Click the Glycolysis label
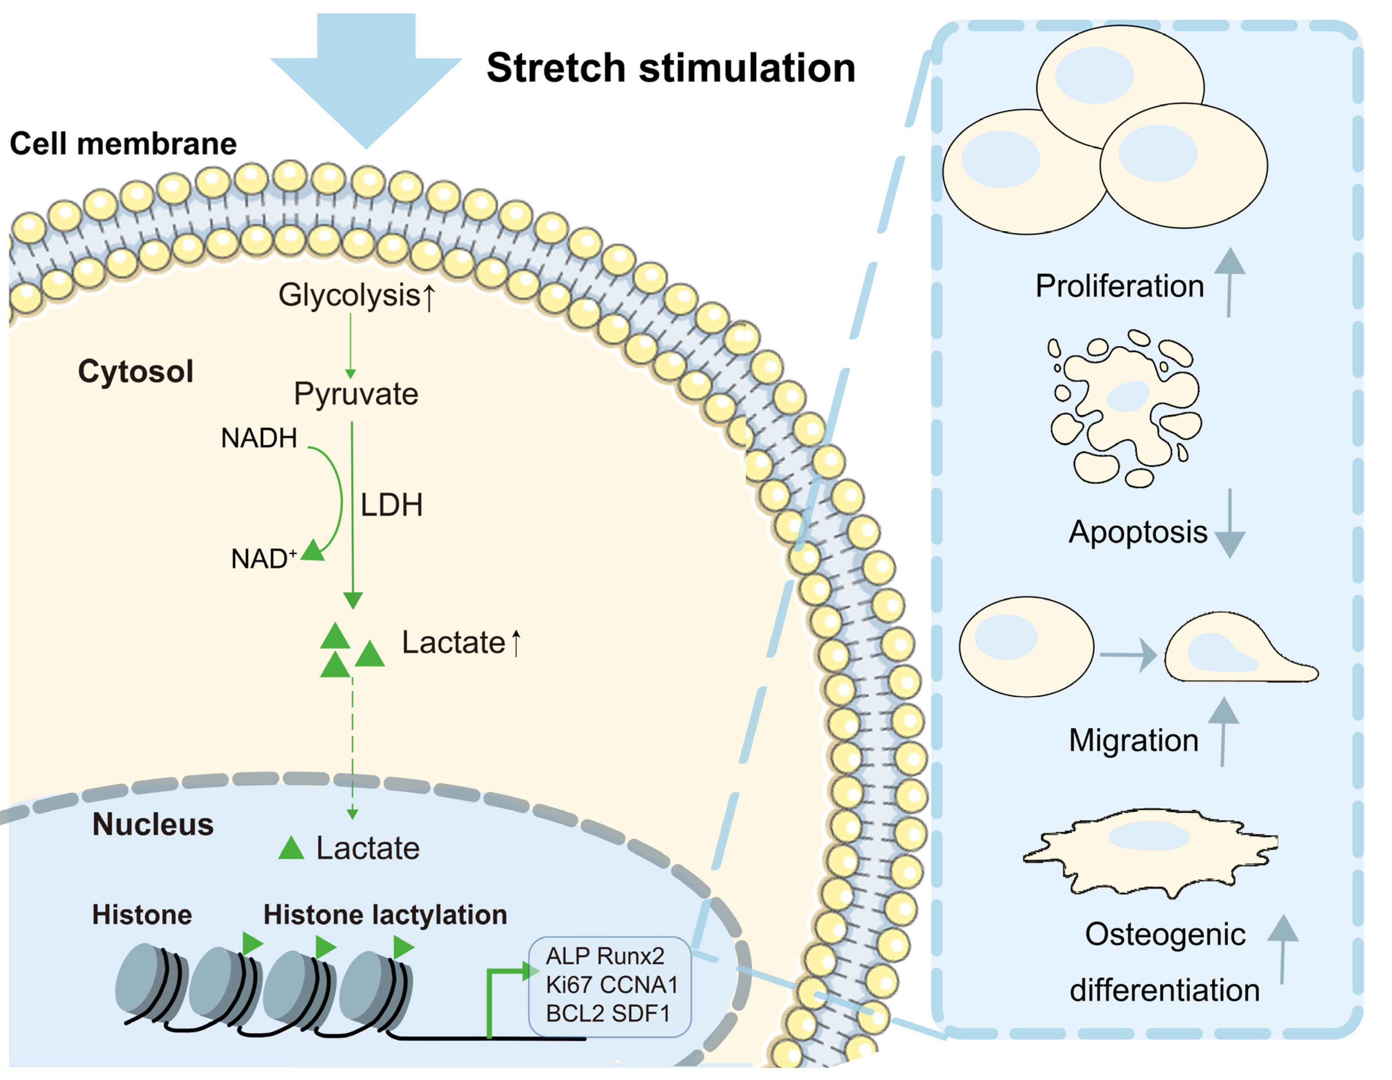(349, 295)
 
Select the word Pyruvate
(356, 394)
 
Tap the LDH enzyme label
(391, 505)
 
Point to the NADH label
(259, 439)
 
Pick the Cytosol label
(135, 371)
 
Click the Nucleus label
(153, 824)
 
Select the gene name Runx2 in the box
(631, 956)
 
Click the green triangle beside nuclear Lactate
(291, 849)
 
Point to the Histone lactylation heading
(385, 915)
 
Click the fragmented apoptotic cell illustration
(1125, 408)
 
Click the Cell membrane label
(123, 143)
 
